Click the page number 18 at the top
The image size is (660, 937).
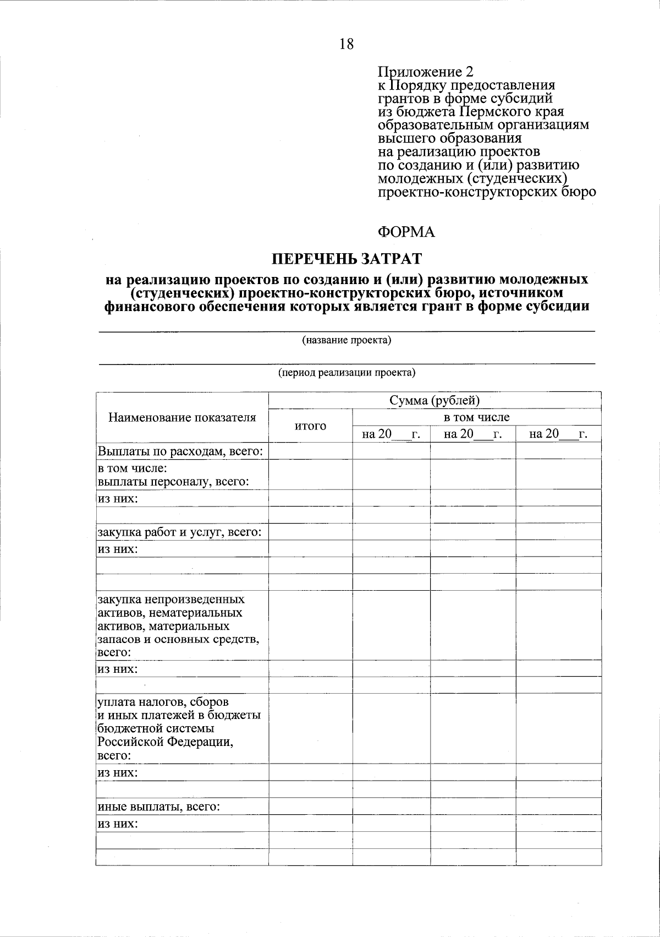coord(346,45)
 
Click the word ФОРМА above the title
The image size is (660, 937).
coord(406,232)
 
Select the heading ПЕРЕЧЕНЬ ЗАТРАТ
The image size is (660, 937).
coord(347,258)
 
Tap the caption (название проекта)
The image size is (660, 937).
coord(346,340)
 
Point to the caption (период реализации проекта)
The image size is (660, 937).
coord(346,373)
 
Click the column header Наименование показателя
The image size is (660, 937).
coord(182,417)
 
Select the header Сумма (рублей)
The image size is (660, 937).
coord(435,400)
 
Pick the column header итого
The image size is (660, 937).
coord(310,426)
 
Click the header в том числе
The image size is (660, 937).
coord(476,417)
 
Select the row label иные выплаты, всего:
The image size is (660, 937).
coord(159,807)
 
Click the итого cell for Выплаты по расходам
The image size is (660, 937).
coord(310,451)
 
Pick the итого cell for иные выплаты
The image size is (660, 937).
coord(310,807)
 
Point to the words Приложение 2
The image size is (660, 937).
coord(425,72)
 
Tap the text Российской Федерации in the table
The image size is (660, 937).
coord(165,742)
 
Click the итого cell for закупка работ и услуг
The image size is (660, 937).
coord(310,532)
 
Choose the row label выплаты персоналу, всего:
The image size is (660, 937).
coord(173,482)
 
